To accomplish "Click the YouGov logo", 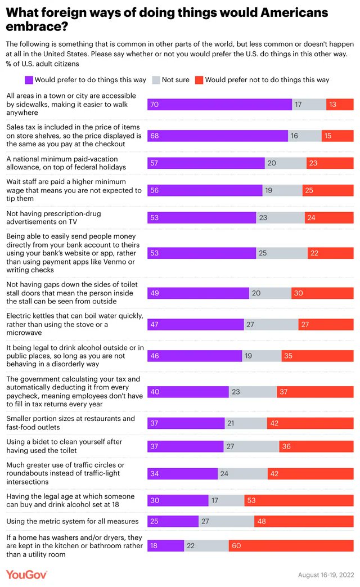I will coord(26,575).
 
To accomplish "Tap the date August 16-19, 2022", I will coord(326,575).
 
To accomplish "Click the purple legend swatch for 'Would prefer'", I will coord(29,80).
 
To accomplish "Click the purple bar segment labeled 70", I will coord(219,104).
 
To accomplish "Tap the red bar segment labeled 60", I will coord(291,545).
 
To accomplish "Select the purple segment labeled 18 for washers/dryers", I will coord(165,545).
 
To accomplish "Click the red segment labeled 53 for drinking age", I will coord(299,500).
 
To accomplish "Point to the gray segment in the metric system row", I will coord(218,521).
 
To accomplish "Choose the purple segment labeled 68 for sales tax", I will coord(218,136).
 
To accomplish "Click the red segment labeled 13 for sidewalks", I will coord(340,104).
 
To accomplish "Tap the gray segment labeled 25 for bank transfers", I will coord(282,253).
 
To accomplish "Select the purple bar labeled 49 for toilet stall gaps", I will coord(198,293).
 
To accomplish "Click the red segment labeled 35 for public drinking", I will coord(317,356).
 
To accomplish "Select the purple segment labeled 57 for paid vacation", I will coord(206,163).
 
